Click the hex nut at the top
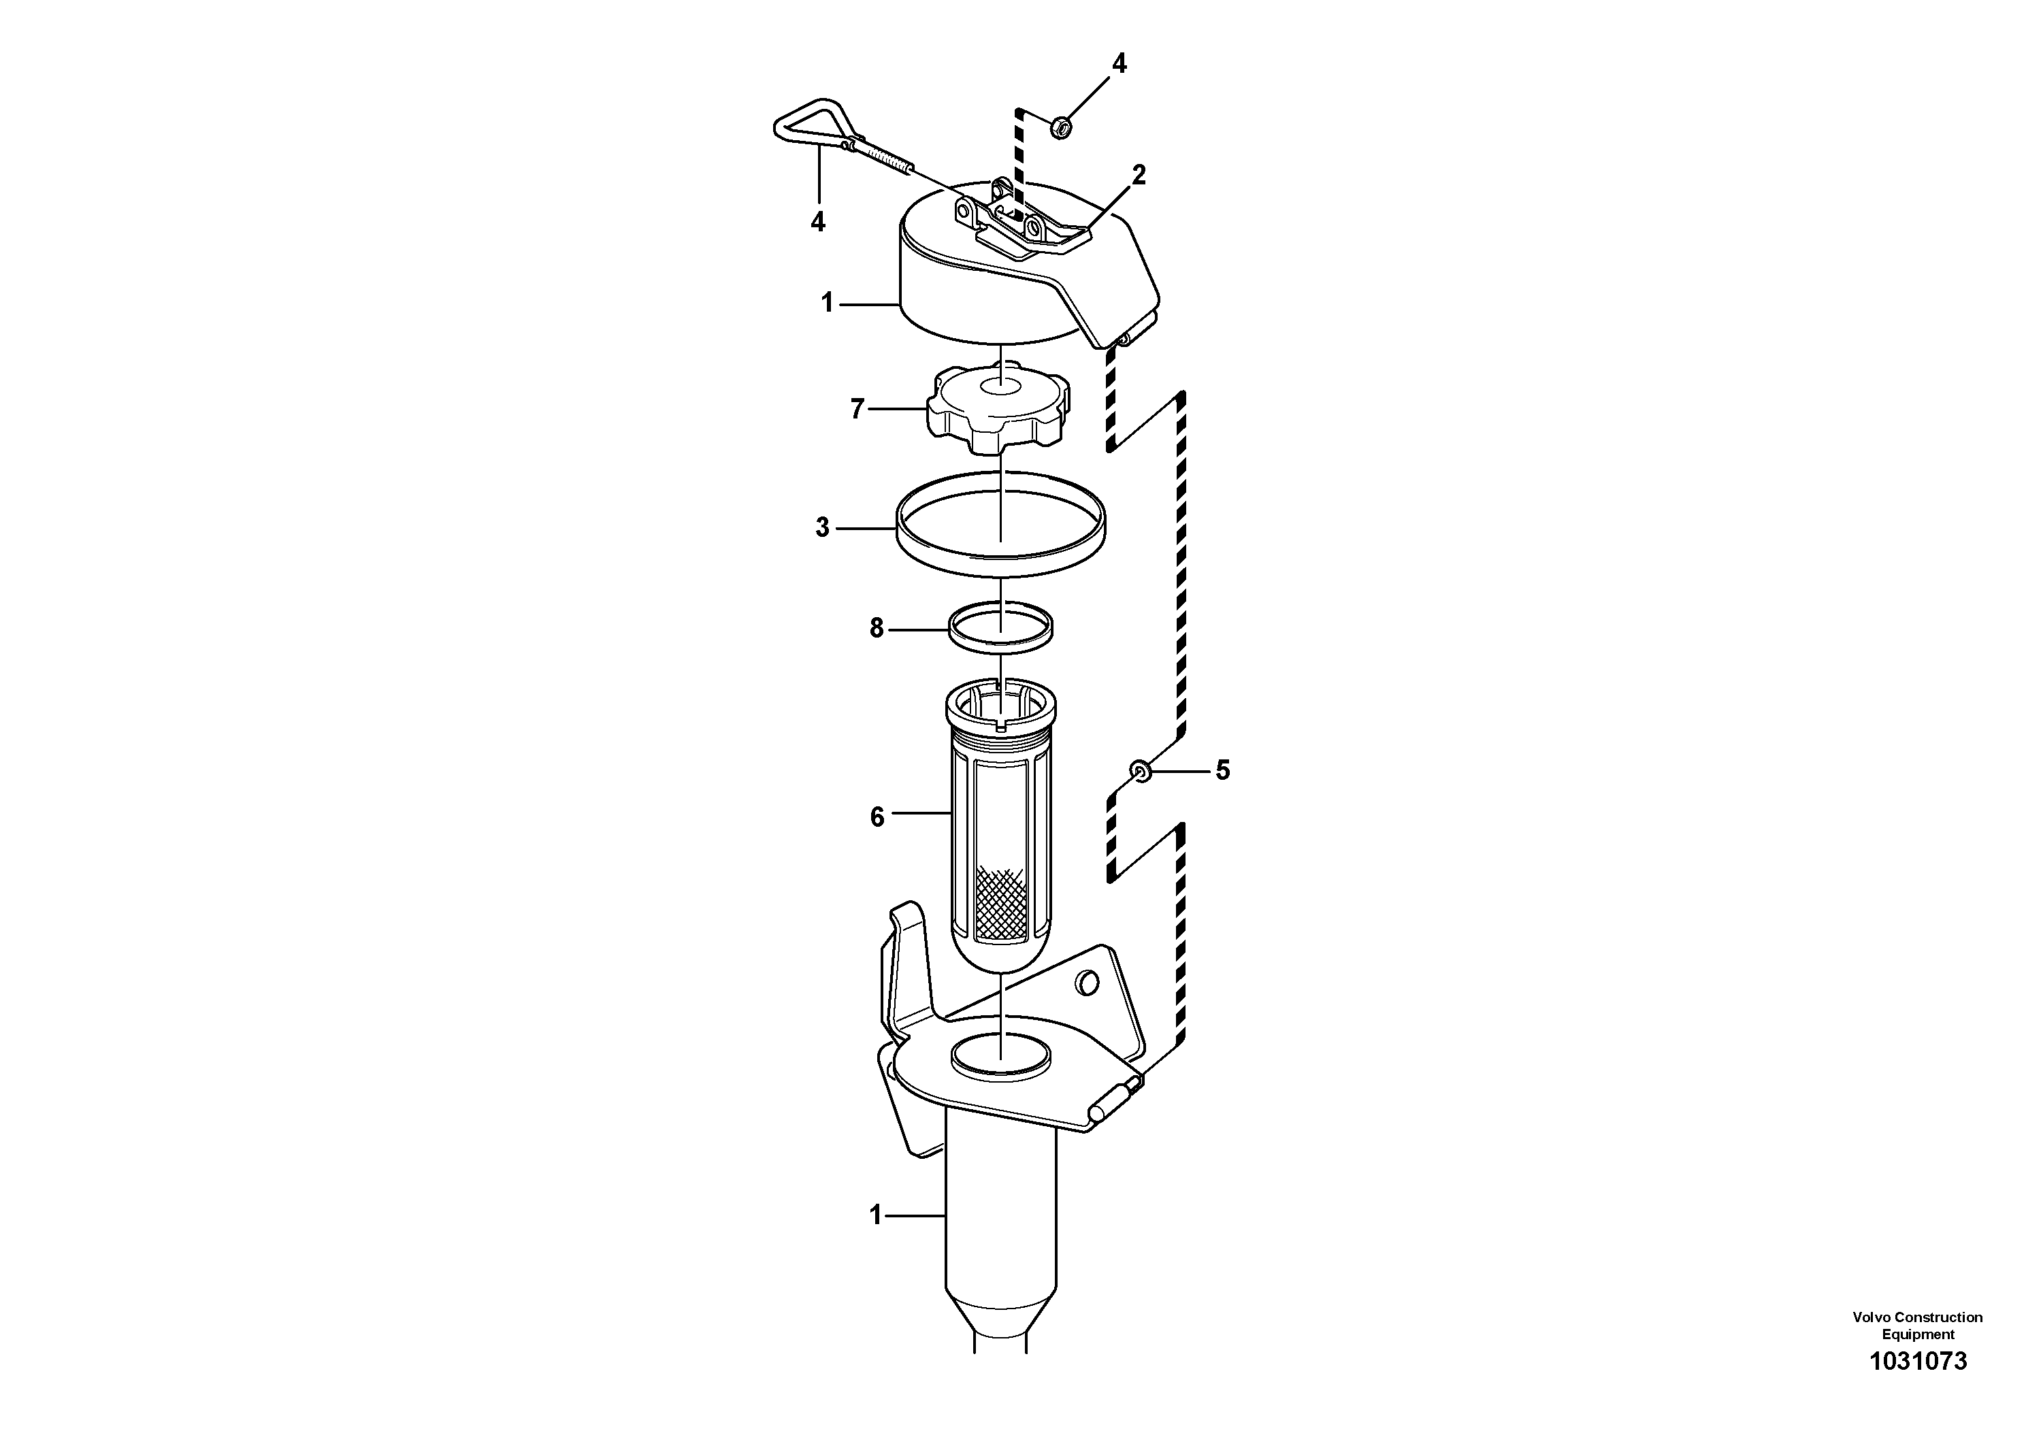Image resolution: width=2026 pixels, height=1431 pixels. click(x=1062, y=127)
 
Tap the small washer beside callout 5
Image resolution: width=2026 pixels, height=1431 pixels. click(x=1141, y=772)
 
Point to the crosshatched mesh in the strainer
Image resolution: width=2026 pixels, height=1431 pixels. click(x=1000, y=902)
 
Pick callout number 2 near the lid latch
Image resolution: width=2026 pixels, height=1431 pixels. click(x=1139, y=175)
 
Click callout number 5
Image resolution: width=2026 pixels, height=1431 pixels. click(x=1222, y=770)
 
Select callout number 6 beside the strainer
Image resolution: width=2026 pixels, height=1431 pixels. click(x=877, y=817)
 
